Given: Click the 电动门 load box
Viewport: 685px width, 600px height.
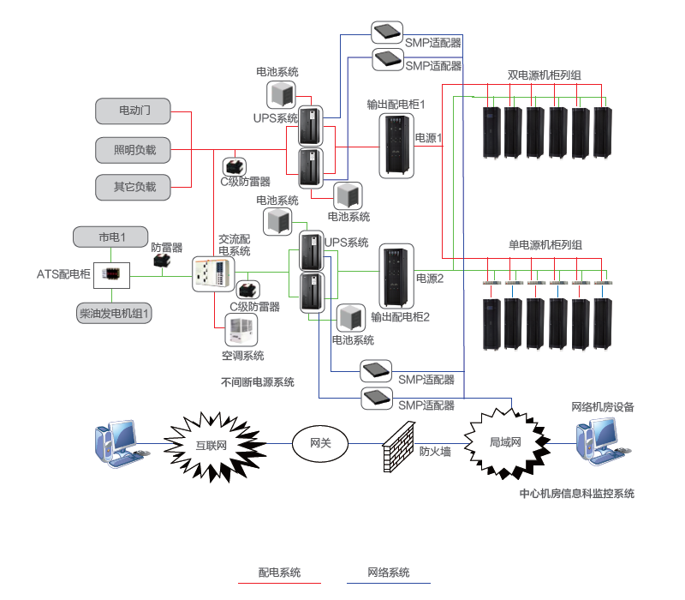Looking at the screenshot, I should coord(133,110).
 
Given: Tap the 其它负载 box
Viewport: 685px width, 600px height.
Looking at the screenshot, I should coord(133,186).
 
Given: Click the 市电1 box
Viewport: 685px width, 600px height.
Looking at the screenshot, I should coord(111,236).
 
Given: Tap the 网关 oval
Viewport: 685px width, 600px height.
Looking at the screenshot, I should coord(320,443).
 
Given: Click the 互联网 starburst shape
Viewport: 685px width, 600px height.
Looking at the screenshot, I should coord(210,445).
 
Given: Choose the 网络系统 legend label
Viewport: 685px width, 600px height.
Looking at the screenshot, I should coord(388,572).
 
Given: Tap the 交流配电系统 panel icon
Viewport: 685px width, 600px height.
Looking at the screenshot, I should coord(211,273).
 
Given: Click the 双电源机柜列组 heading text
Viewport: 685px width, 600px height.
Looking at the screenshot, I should coord(544,75).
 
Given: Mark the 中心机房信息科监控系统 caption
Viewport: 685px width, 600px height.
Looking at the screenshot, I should coord(576,494).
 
